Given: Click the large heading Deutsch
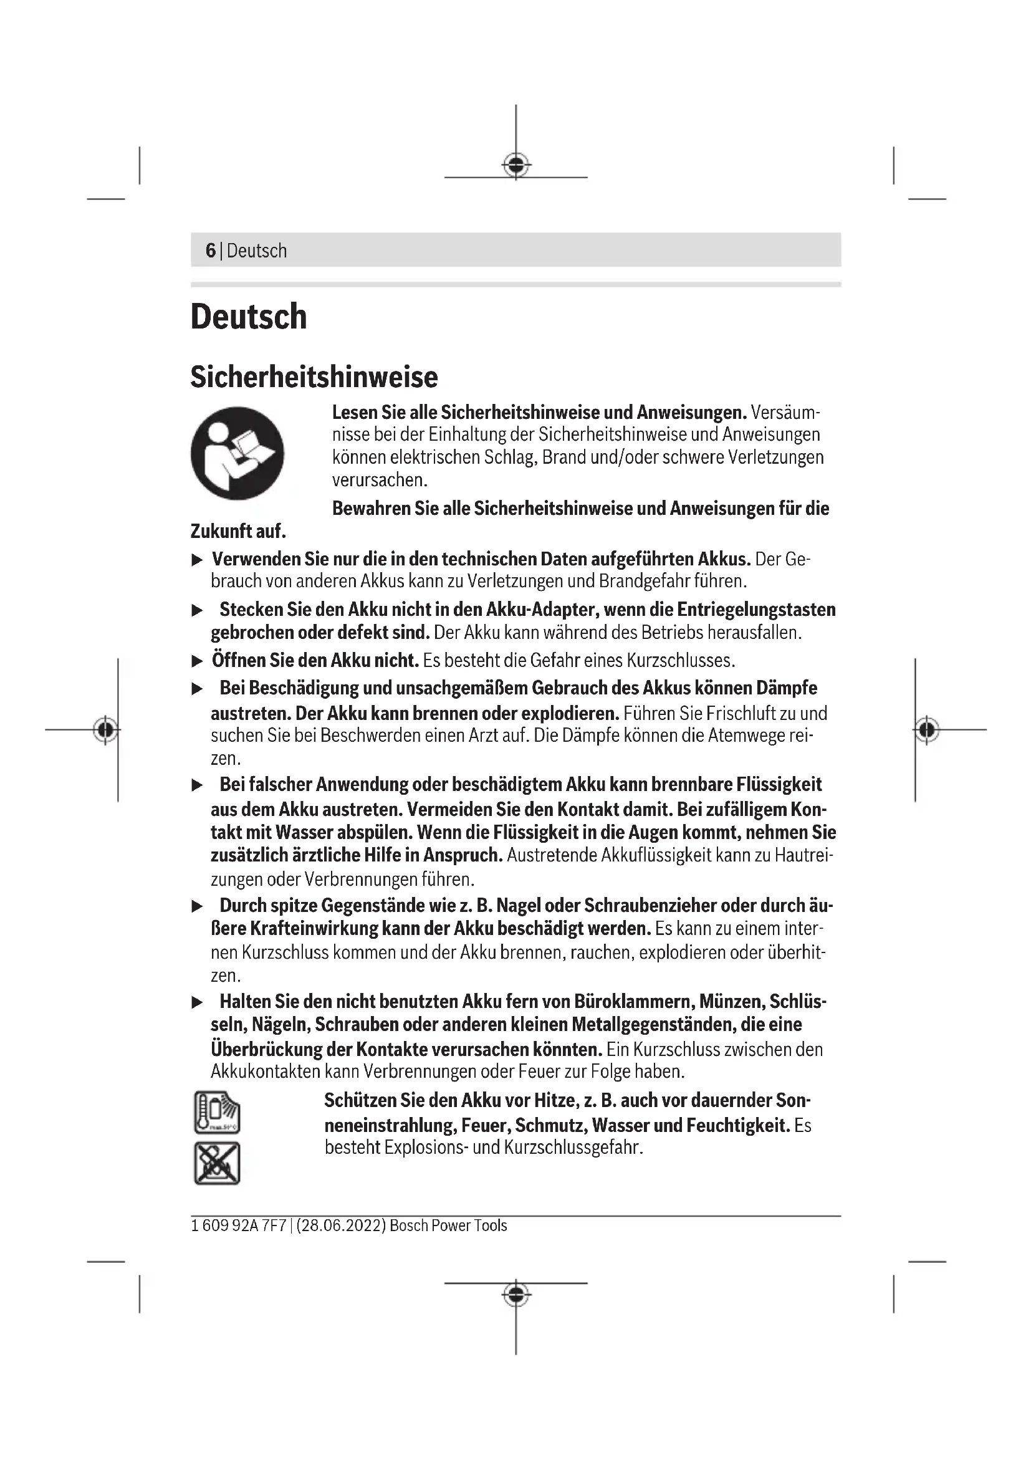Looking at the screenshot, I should pos(248,316).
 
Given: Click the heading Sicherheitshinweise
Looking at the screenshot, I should pos(314,376).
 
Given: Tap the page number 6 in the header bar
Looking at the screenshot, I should pos(211,250).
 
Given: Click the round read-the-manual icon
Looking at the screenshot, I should pos(237,453).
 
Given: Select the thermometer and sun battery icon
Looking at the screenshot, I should pos(217,1112).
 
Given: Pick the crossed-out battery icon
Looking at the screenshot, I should pos(217,1163).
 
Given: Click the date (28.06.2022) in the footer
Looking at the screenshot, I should pos(341,1225).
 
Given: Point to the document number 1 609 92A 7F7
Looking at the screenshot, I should pos(239,1225).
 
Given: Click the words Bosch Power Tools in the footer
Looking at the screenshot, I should pos(448,1225).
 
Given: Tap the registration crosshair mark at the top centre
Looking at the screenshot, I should pos(516,165).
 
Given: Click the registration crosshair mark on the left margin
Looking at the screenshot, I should pos(105,730).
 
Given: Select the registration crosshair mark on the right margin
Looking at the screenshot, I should pos(926,730).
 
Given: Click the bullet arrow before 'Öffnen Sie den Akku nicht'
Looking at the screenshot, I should pos(198,661).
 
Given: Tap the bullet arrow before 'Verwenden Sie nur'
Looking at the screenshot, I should pos(198,559).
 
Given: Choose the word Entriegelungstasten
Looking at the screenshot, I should pos(756,609).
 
